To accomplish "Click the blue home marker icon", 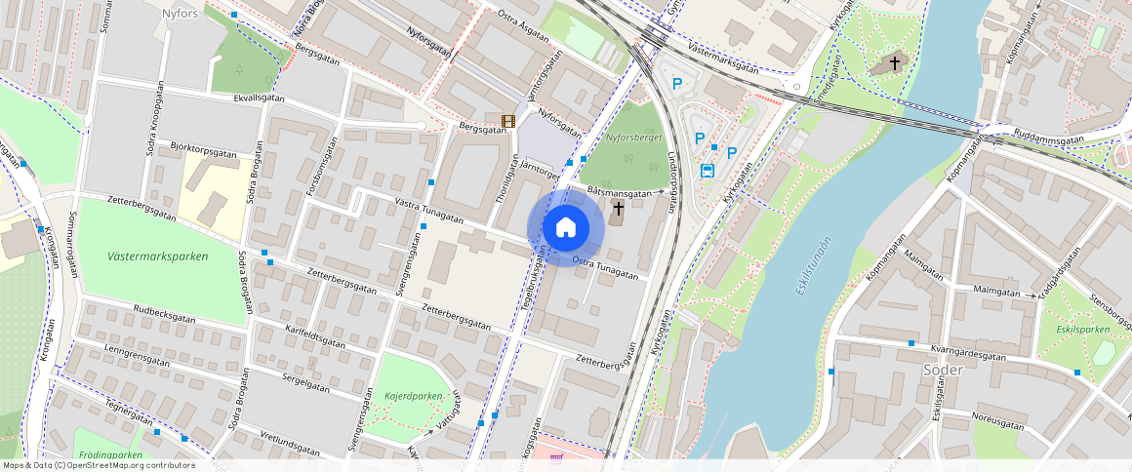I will point(565,228).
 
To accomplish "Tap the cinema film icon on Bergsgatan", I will point(507,121).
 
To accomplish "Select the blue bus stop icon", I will point(707,170).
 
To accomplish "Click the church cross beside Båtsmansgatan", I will point(618,208).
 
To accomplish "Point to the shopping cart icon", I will point(556,457).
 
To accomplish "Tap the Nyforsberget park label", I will point(633,138).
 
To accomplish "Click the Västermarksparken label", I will point(158,256).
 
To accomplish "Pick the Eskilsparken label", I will point(1083,330).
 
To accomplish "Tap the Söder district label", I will point(942,370).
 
